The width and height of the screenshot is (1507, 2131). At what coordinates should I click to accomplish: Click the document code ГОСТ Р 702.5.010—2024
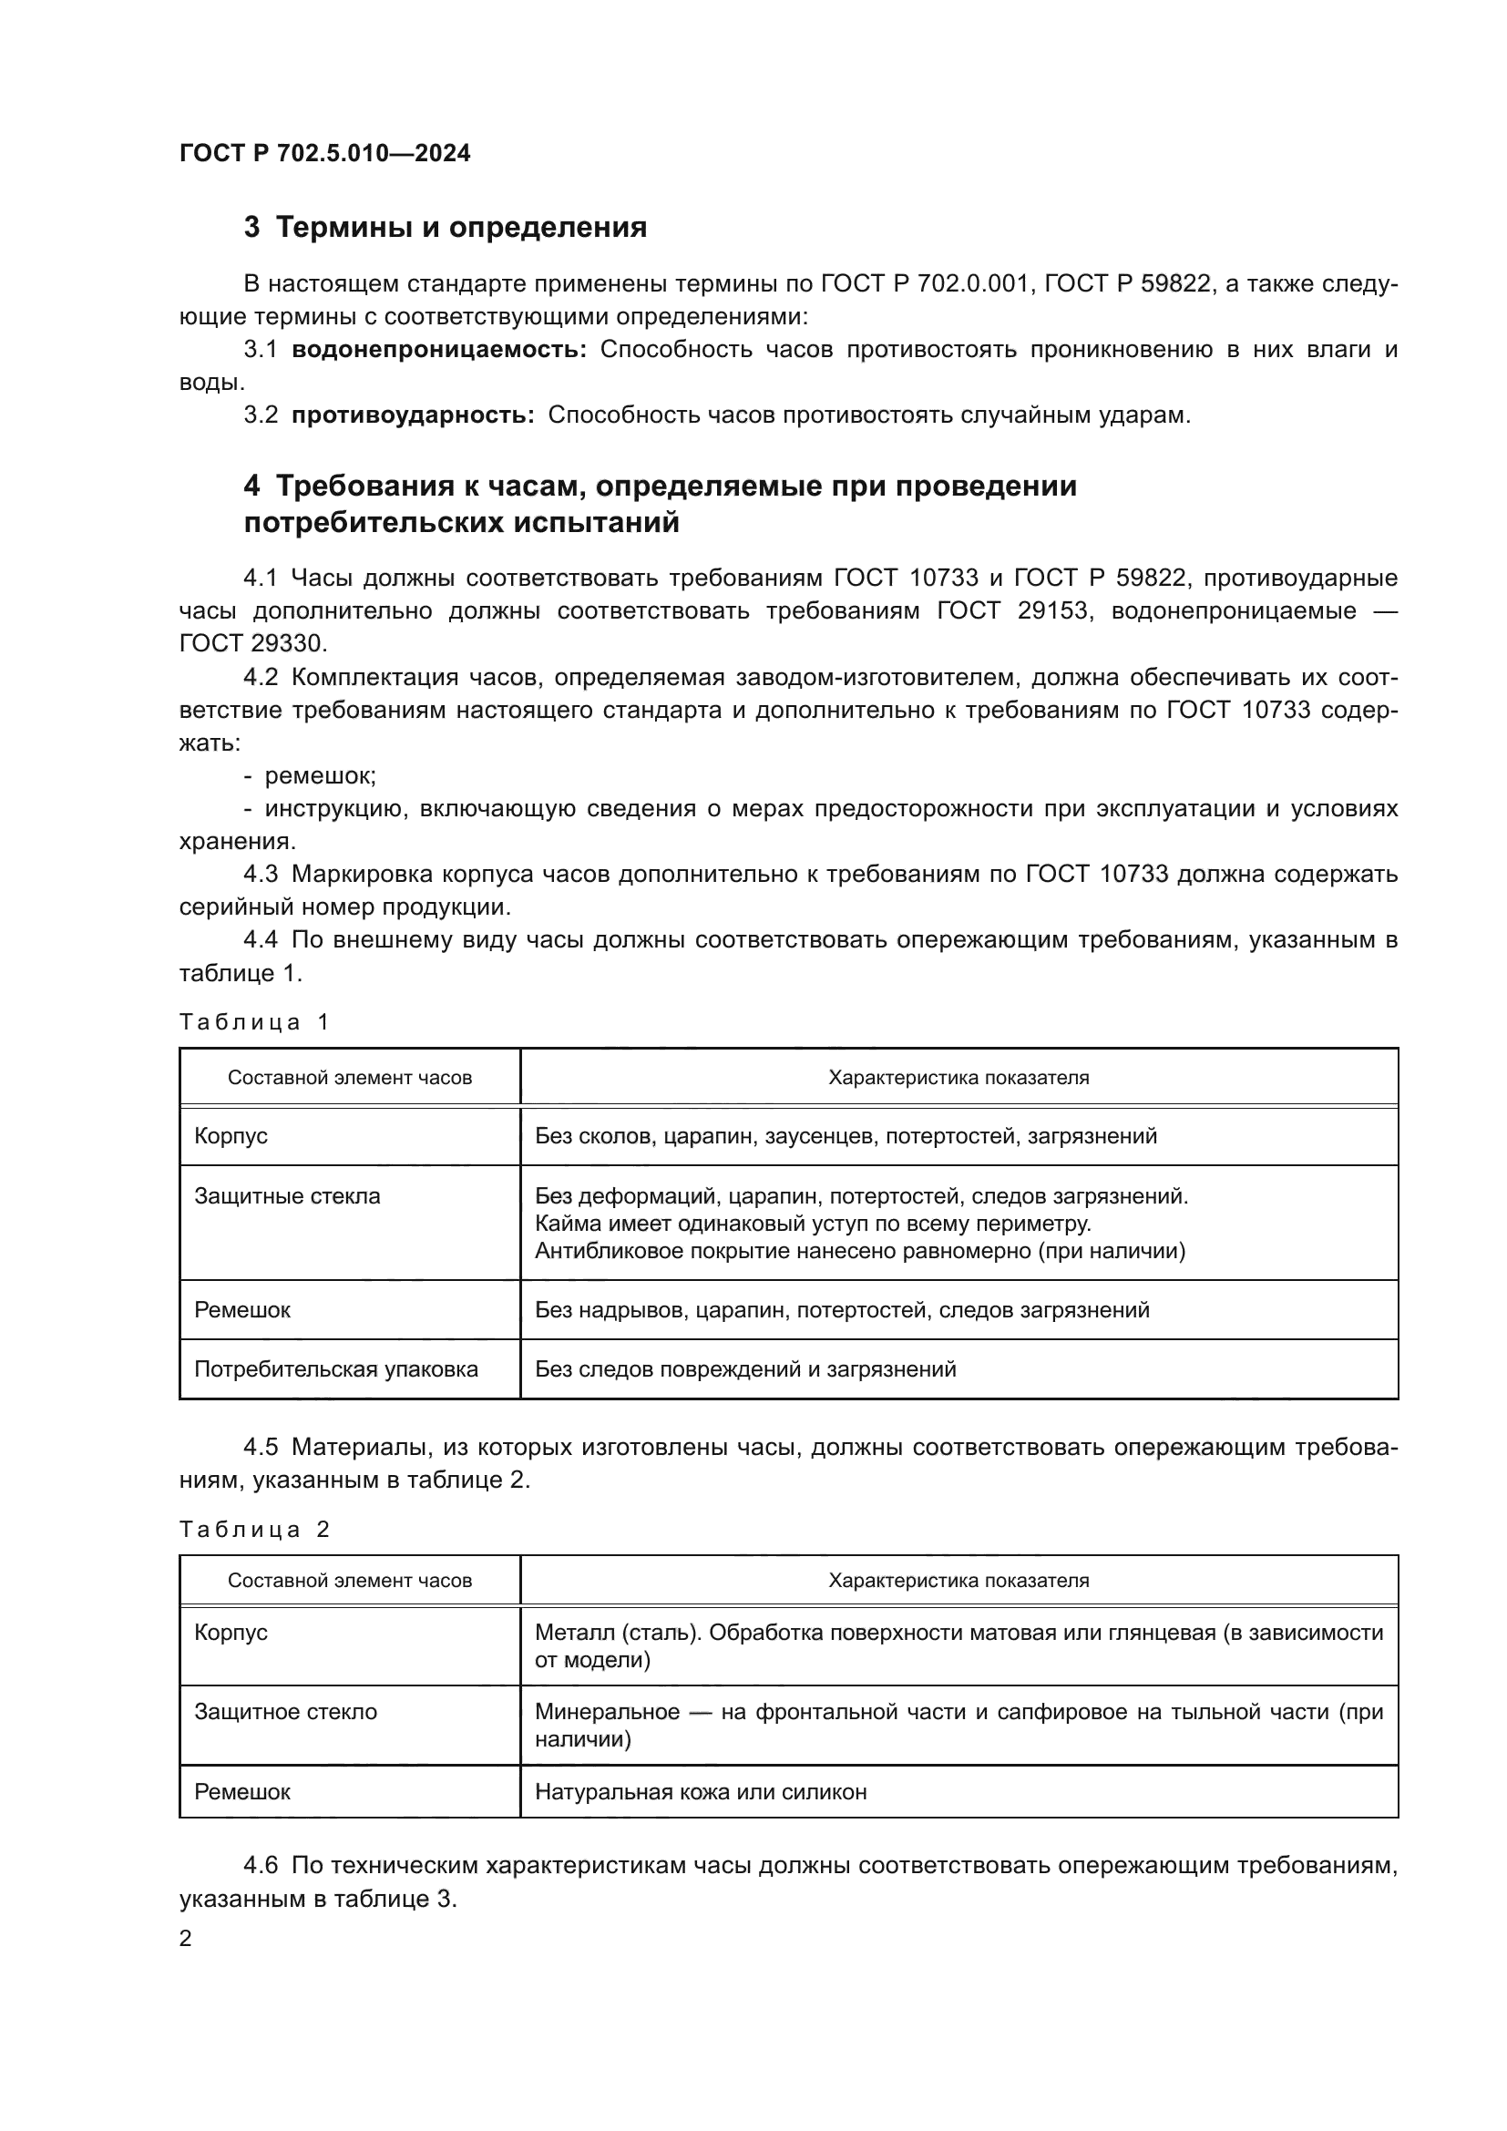(x=324, y=154)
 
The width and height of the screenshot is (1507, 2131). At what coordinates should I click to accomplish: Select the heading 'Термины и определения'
(x=461, y=228)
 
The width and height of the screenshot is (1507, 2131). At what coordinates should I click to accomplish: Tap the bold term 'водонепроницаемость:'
(x=439, y=350)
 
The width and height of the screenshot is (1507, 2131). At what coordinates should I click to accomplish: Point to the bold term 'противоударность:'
(x=413, y=415)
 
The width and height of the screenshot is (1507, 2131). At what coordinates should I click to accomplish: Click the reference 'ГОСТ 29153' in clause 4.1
(x=1011, y=610)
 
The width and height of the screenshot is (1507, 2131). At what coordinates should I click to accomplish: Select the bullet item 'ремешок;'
(x=319, y=776)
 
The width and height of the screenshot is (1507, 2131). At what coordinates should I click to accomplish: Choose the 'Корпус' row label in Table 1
(x=231, y=1136)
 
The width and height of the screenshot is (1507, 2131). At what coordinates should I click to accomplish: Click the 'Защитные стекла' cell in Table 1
(x=287, y=1195)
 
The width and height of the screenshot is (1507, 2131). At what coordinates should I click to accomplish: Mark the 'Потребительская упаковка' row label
(x=336, y=1369)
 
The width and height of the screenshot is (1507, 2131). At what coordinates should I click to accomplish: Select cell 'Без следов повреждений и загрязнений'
(x=745, y=1369)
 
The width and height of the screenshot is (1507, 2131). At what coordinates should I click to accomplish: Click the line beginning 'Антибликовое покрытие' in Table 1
(x=859, y=1251)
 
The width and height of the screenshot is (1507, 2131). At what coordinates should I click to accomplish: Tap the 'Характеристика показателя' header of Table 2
(x=959, y=1581)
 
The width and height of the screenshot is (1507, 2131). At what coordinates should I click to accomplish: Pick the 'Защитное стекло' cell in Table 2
(x=286, y=1712)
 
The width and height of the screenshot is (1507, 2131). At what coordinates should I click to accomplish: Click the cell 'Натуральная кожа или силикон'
(x=701, y=1791)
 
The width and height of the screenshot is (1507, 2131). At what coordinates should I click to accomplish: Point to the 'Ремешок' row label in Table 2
(x=242, y=1791)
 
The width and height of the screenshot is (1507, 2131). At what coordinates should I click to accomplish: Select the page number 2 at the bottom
(x=186, y=1938)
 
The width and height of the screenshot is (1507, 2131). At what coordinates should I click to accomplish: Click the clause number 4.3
(x=261, y=875)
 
